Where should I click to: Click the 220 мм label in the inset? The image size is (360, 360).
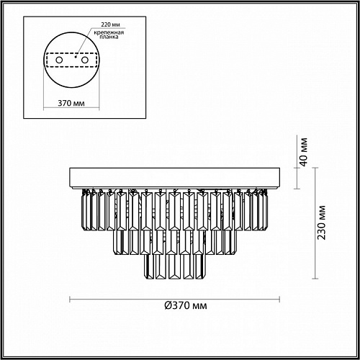tap(110, 24)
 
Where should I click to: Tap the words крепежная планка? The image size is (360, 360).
tap(109, 35)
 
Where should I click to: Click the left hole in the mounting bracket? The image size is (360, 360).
tap(59, 60)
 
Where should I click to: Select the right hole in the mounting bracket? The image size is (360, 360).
tap(85, 60)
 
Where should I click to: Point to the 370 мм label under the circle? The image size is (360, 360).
tap(71, 103)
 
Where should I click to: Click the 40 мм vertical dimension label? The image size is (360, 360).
tap(304, 152)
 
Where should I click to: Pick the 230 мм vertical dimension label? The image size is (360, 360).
tap(322, 222)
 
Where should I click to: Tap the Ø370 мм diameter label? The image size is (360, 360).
tap(186, 305)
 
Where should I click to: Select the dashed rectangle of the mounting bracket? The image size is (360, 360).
tap(71, 53)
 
